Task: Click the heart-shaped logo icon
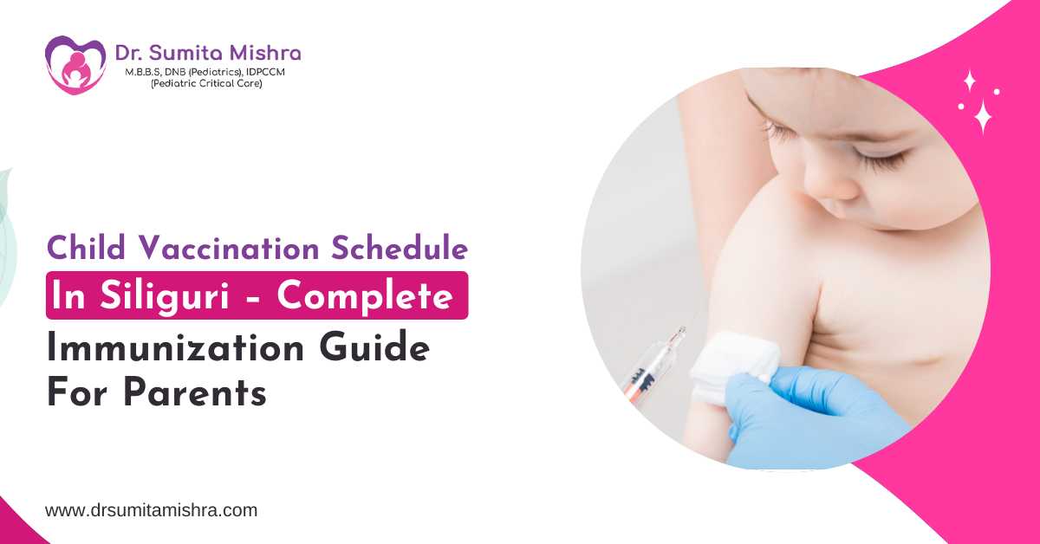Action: click(75, 64)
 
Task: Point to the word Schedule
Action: click(400, 249)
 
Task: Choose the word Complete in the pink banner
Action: click(364, 295)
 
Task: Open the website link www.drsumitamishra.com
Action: click(151, 510)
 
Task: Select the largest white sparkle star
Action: click(983, 114)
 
